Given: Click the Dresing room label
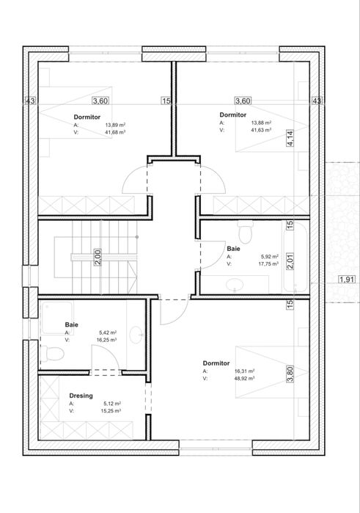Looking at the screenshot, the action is click(81, 396).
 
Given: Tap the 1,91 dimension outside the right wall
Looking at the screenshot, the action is click(346, 280).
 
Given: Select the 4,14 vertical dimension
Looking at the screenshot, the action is click(290, 138).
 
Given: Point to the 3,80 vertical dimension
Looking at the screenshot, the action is click(290, 374).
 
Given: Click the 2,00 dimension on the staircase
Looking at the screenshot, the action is click(98, 257).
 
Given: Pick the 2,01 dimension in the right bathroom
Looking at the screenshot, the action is click(290, 261).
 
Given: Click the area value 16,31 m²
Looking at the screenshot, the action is click(244, 371).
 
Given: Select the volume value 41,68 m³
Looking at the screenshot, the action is click(115, 132).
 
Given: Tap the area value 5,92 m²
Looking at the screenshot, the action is click(270, 257).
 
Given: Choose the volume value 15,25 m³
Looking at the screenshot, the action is click(111, 410).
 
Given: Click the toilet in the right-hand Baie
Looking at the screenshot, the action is click(245, 232).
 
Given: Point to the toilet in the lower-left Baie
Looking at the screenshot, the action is click(52, 354).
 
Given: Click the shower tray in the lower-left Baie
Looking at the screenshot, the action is click(57, 319).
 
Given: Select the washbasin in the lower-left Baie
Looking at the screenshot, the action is click(136, 335).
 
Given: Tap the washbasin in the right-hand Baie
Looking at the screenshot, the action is click(235, 284).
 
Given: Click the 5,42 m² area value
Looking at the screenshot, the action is click(108, 332).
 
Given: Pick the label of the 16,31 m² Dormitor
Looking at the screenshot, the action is click(216, 363).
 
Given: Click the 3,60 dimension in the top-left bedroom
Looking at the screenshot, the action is click(100, 101).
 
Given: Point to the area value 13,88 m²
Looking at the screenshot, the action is click(261, 123).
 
